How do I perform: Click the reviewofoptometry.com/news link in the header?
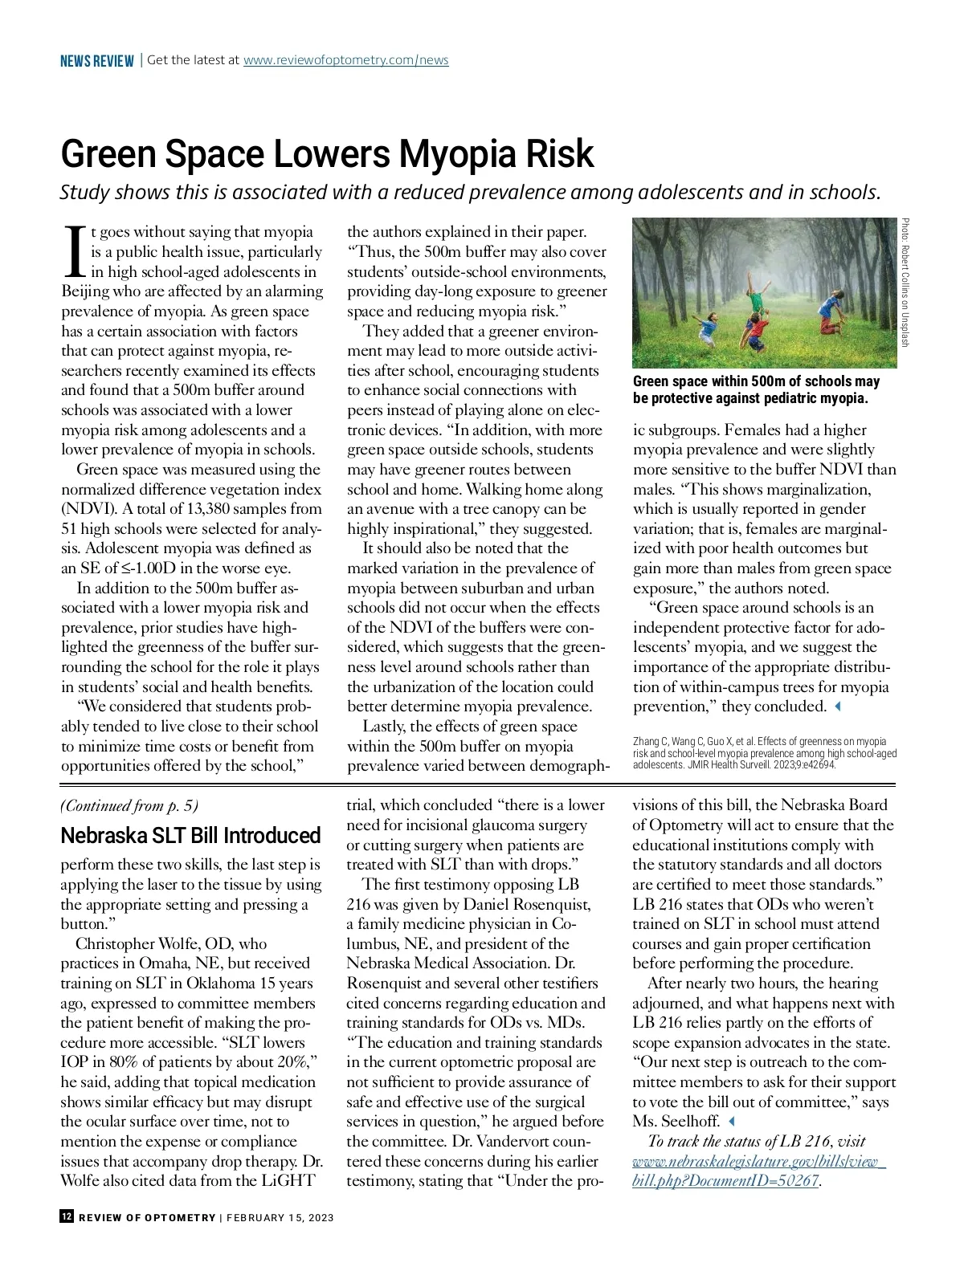click(345, 60)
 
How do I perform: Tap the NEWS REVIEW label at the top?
click(96, 61)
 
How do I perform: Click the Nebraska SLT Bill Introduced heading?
click(190, 836)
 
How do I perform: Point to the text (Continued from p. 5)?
click(129, 805)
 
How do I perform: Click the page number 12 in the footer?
click(67, 1216)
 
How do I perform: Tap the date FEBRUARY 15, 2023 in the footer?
click(280, 1217)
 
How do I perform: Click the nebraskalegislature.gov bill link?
click(758, 1171)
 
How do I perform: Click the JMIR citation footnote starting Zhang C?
click(764, 753)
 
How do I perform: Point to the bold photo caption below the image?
click(756, 389)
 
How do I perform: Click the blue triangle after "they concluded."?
click(838, 707)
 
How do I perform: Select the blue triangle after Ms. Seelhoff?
click(730, 1122)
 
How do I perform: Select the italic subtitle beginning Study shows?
click(471, 193)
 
